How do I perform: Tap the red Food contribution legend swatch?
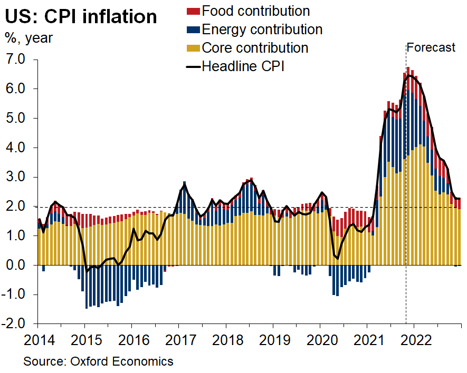(x=193, y=11)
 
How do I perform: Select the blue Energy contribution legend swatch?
(x=193, y=29)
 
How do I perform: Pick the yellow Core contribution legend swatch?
(x=193, y=47)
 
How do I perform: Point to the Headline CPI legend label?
(x=243, y=66)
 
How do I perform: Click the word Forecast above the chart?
(x=431, y=47)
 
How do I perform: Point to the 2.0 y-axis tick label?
(x=15, y=207)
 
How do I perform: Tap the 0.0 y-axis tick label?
(x=15, y=266)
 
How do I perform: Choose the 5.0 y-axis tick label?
(x=15, y=118)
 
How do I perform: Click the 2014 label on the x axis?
(x=38, y=339)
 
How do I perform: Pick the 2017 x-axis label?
(x=179, y=339)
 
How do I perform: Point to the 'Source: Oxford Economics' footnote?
(x=98, y=361)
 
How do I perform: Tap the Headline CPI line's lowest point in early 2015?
(x=86, y=271)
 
